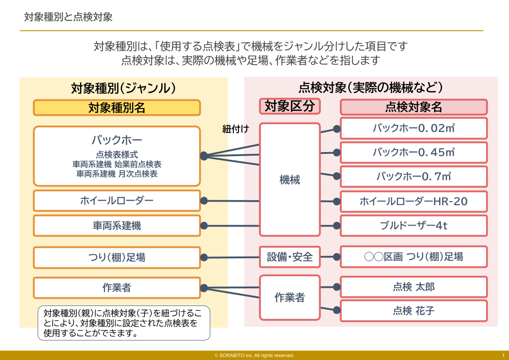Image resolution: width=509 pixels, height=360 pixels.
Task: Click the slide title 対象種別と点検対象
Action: pyautogui.click(x=68, y=17)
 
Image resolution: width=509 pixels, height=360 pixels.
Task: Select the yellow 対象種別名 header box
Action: pyautogui.click(x=117, y=108)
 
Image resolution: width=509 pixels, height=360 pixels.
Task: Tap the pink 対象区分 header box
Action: pyautogui.click(x=290, y=106)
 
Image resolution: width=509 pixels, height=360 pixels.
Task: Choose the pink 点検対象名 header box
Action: pyautogui.click(x=414, y=107)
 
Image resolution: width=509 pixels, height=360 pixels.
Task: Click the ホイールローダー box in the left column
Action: pyautogui.click(x=117, y=201)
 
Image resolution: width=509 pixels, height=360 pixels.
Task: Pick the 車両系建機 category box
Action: pyautogui.click(x=117, y=226)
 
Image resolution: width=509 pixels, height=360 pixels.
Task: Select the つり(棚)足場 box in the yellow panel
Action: pyautogui.click(x=117, y=257)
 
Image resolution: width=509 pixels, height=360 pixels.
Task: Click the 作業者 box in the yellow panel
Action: pyautogui.click(x=117, y=288)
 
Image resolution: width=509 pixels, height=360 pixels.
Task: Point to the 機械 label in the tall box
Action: pyautogui.click(x=290, y=180)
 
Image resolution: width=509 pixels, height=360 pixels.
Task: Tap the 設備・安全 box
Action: pyautogui.click(x=290, y=257)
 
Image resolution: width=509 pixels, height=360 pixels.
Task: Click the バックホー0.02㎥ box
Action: pyautogui.click(x=414, y=128)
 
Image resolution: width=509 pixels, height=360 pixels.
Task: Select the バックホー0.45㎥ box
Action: pyautogui.click(x=414, y=152)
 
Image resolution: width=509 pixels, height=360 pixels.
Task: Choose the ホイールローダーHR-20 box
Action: pyautogui.click(x=414, y=202)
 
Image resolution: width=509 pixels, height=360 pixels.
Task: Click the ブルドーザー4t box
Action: pyautogui.click(x=414, y=226)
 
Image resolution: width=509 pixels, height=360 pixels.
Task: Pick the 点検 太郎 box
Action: pyautogui.click(x=414, y=287)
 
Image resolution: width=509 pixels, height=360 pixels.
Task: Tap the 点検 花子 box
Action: pyautogui.click(x=414, y=311)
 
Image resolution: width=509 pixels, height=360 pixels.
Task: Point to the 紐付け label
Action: pyautogui.click(x=236, y=129)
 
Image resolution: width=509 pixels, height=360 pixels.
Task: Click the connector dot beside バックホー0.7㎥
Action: pyautogui.click(x=336, y=176)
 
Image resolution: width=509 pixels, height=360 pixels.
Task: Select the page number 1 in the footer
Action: pyautogui.click(x=504, y=355)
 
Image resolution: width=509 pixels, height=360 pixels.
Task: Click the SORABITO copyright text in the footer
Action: pyautogui.click(x=254, y=355)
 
